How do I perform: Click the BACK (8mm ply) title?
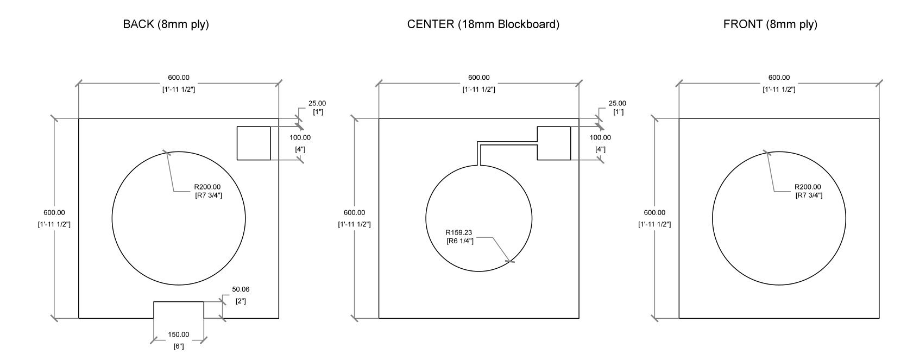click(x=166, y=24)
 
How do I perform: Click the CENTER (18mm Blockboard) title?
click(x=483, y=24)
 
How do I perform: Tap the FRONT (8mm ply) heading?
click(x=770, y=24)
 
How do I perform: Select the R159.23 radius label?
click(x=459, y=232)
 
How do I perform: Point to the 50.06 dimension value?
click(x=241, y=289)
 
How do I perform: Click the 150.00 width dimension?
click(x=179, y=334)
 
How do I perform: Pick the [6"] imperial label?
click(x=179, y=346)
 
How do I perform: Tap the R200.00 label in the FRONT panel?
click(x=808, y=187)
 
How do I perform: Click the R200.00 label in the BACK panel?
click(x=207, y=187)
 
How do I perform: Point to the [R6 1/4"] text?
click(x=460, y=241)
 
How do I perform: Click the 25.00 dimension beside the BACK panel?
click(x=317, y=104)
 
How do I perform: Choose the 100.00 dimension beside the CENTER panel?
click(x=600, y=138)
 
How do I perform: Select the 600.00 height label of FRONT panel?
click(x=654, y=213)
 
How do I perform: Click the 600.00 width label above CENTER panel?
click(x=478, y=78)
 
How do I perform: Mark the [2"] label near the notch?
click(x=241, y=301)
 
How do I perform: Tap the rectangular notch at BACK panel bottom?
click(x=179, y=302)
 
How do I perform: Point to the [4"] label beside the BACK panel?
click(x=300, y=149)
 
